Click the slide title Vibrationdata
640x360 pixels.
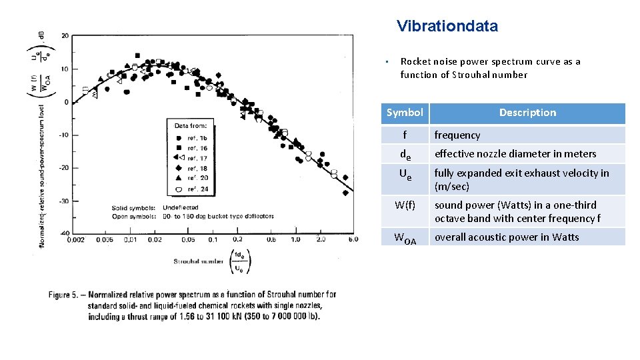pyautogui.click(x=447, y=27)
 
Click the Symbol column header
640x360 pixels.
pyautogui.click(x=405, y=113)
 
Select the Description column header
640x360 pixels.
pyautogui.click(x=527, y=113)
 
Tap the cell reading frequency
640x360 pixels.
pyautogui.click(x=457, y=135)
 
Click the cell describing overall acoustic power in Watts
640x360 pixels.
pyautogui.click(x=507, y=237)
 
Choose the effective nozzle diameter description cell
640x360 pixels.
pyautogui.click(x=515, y=154)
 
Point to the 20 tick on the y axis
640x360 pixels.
pyautogui.click(x=64, y=36)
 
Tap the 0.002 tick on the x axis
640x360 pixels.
pyautogui.click(x=76, y=240)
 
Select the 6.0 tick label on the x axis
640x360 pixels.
pyautogui.click(x=352, y=240)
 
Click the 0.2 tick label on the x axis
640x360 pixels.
pyautogui.click(x=237, y=240)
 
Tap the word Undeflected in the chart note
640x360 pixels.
pyautogui.click(x=182, y=208)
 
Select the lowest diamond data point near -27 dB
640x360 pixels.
pyautogui.click(x=345, y=193)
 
